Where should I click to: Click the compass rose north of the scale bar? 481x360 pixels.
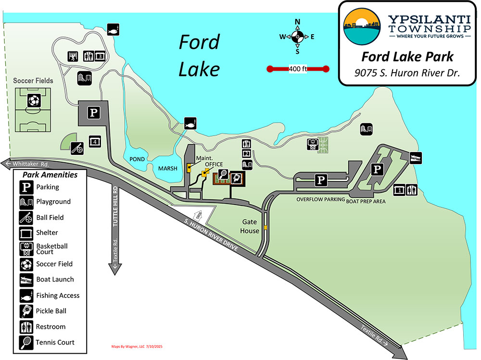pyautogui.click(x=298, y=37)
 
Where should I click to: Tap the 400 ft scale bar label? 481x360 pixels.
pyautogui.click(x=298, y=69)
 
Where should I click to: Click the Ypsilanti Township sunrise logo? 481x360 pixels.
pyautogui.click(x=361, y=26)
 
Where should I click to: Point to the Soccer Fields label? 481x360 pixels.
pyautogui.click(x=33, y=80)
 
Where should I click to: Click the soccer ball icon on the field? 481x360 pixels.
pyautogui.click(x=33, y=101)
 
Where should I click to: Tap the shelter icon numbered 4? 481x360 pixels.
pyautogui.click(x=95, y=141)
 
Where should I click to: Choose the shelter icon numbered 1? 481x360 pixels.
pyautogui.click(x=399, y=190)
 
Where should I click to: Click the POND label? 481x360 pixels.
pyautogui.click(x=137, y=159)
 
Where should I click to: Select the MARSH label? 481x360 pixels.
pyautogui.click(x=168, y=168)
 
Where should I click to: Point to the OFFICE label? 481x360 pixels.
pyautogui.click(x=214, y=165)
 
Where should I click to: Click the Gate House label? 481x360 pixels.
pyautogui.click(x=251, y=227)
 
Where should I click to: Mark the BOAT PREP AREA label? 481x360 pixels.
pyautogui.click(x=366, y=201)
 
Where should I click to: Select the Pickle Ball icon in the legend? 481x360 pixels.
pyautogui.click(x=26, y=311)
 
